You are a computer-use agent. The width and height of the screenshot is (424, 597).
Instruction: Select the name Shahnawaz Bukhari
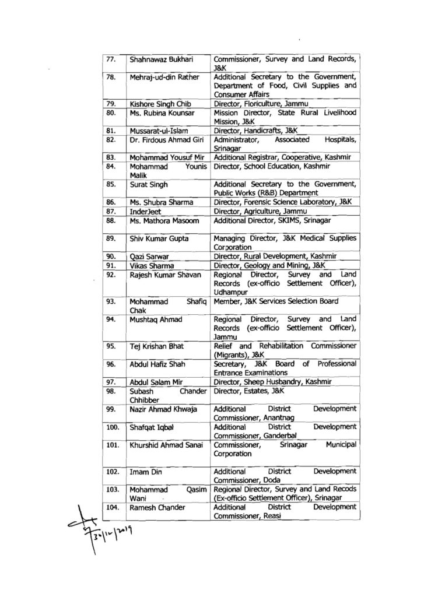[x=160, y=59]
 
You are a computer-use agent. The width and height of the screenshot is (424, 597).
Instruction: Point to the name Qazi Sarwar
[x=148, y=255]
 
